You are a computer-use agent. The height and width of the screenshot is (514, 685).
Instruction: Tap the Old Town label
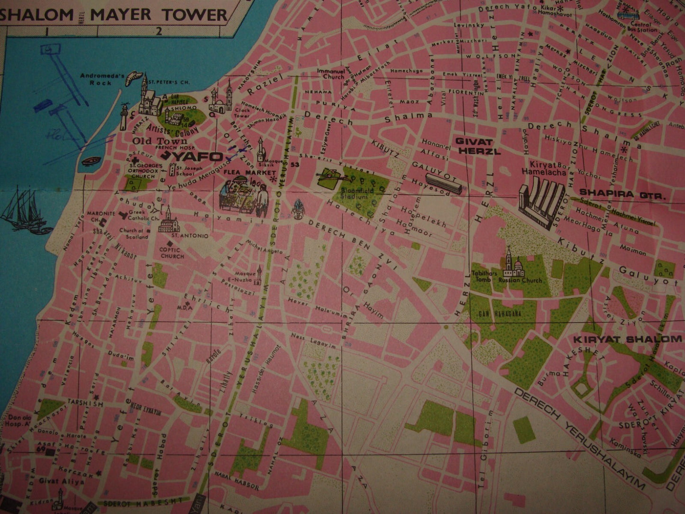tap(154, 141)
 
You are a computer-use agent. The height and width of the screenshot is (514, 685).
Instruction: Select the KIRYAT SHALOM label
tap(627, 340)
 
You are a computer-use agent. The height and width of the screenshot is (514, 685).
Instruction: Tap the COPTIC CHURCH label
tap(172, 253)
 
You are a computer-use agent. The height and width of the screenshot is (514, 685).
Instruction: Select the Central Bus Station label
tap(641, 27)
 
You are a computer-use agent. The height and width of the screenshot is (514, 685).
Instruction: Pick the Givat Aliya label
tap(68, 481)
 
